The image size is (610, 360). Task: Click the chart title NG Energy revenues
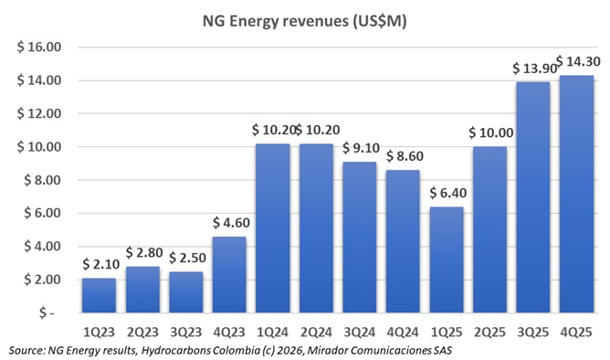[x=304, y=19]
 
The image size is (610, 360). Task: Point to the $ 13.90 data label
[x=531, y=69]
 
